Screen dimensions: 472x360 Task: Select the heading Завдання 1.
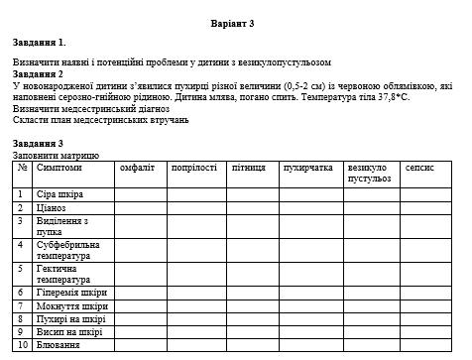click(x=40, y=43)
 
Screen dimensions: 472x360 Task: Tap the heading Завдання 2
click(x=39, y=74)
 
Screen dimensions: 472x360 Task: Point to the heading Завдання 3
click(x=40, y=144)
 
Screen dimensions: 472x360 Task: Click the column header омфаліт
click(x=136, y=169)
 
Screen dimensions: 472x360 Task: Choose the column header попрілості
click(x=193, y=169)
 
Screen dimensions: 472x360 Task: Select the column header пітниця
click(x=248, y=169)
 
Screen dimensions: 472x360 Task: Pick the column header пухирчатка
click(x=306, y=169)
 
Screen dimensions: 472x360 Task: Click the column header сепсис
click(x=419, y=169)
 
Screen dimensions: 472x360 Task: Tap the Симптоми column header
click(x=59, y=169)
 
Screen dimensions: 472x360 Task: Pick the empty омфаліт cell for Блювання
click(x=139, y=345)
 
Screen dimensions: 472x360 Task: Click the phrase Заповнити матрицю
click(x=57, y=156)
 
